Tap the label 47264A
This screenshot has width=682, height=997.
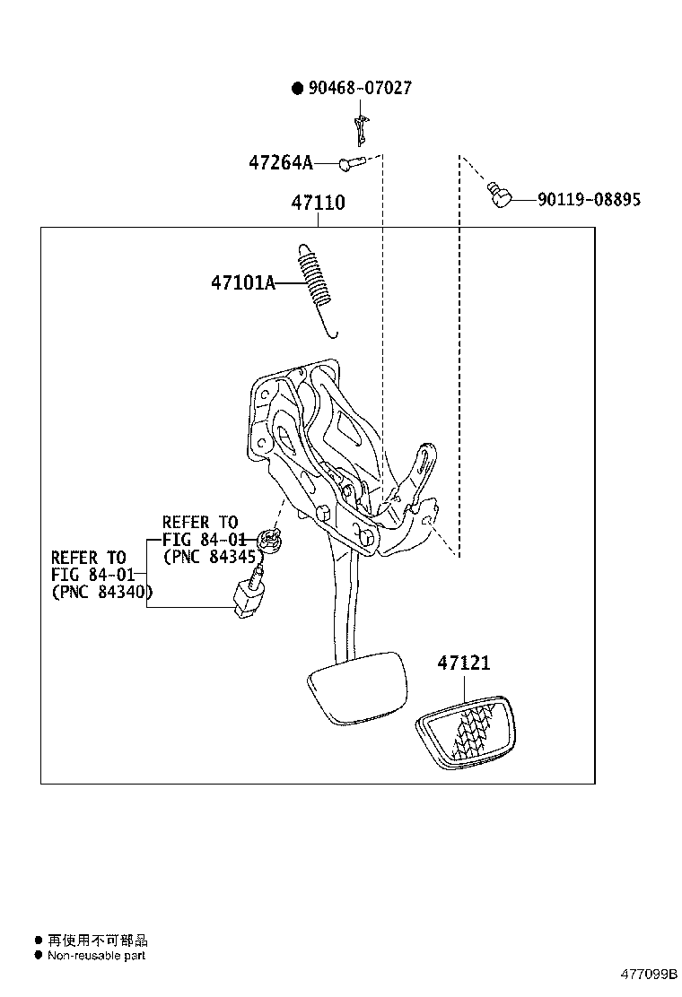[280, 163]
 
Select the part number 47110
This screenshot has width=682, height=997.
[318, 204]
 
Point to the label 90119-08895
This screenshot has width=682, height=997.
[589, 200]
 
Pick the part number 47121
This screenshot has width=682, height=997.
[464, 663]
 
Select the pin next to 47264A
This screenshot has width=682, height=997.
[350, 163]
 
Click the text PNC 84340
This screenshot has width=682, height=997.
[101, 592]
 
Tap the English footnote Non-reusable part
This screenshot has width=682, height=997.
[96, 956]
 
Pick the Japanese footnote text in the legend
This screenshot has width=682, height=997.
[97, 941]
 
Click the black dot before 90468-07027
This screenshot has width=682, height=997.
[297, 88]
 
